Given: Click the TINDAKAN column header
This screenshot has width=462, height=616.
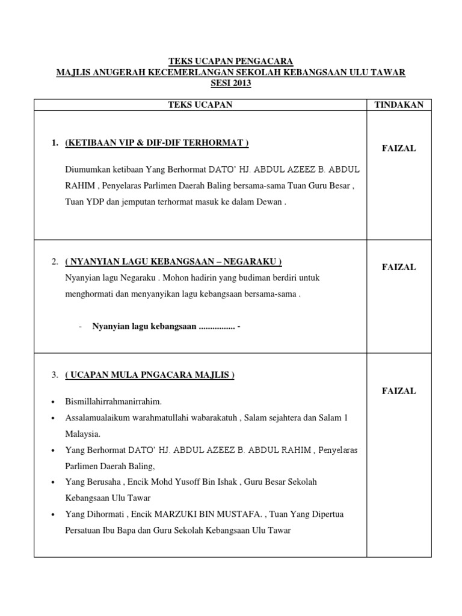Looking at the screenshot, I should tap(399, 105).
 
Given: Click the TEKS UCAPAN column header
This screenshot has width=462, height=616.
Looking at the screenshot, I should tap(200, 105).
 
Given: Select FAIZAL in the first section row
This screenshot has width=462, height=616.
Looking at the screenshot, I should tap(399, 149).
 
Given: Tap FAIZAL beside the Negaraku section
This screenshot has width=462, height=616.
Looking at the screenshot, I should tap(399, 267).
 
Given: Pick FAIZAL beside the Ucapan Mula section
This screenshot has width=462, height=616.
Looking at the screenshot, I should tap(399, 391).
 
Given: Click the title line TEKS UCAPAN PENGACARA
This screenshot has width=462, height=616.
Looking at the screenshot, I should tap(230, 61).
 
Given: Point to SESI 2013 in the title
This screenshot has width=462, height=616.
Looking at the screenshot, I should tap(230, 84).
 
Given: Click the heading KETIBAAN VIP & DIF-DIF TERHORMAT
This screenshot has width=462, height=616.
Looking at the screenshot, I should tap(156, 143).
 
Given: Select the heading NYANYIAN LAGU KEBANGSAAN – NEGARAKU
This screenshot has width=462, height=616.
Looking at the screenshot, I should tap(173, 262).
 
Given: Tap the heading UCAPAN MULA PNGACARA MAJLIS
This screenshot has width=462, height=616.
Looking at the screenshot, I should tap(150, 375).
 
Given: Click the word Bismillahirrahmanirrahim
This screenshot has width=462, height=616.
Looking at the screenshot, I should tap(114, 401).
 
